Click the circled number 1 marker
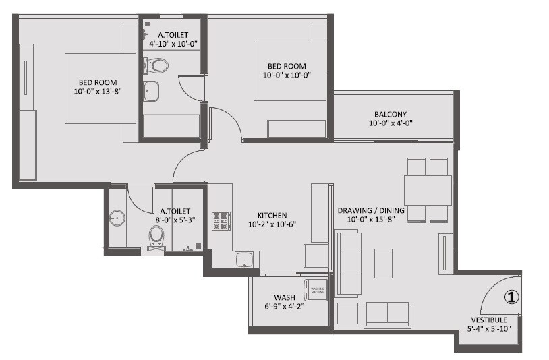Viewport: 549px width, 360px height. (511, 296)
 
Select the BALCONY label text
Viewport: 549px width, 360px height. (391, 114)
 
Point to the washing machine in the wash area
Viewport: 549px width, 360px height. (316, 290)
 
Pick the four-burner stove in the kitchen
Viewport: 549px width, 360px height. (221, 220)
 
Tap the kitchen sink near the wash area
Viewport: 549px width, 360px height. (243, 260)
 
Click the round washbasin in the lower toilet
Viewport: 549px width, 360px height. (117, 218)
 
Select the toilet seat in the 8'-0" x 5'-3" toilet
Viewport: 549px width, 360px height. (156, 236)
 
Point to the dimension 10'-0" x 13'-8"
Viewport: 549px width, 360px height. (97, 91)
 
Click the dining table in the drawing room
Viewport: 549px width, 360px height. (428, 189)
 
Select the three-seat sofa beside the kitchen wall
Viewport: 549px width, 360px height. (347, 263)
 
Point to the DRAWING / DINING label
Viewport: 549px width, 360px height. (371, 210)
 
